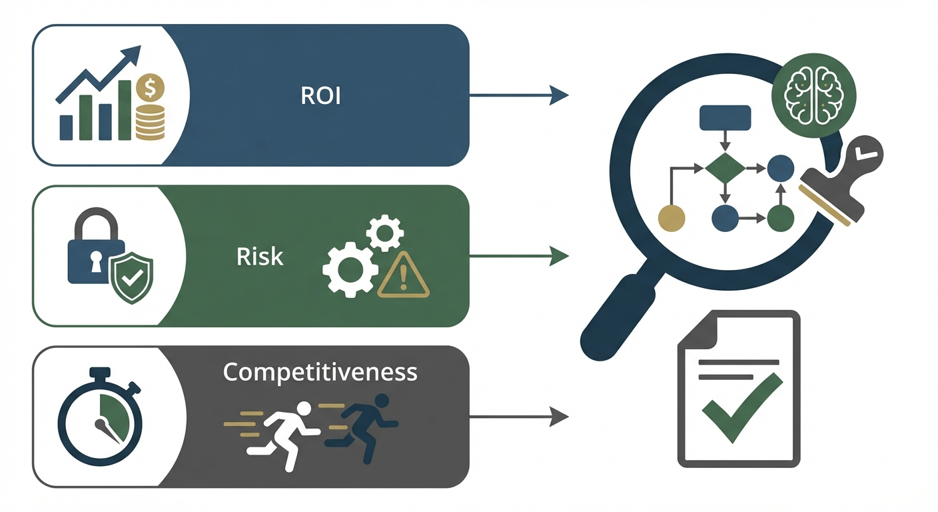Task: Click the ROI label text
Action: (320, 95)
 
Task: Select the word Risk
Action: (260, 256)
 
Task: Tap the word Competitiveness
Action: (320, 371)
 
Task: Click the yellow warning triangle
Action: (404, 277)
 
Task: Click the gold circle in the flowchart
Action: (672, 218)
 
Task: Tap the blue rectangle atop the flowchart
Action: (725, 117)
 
